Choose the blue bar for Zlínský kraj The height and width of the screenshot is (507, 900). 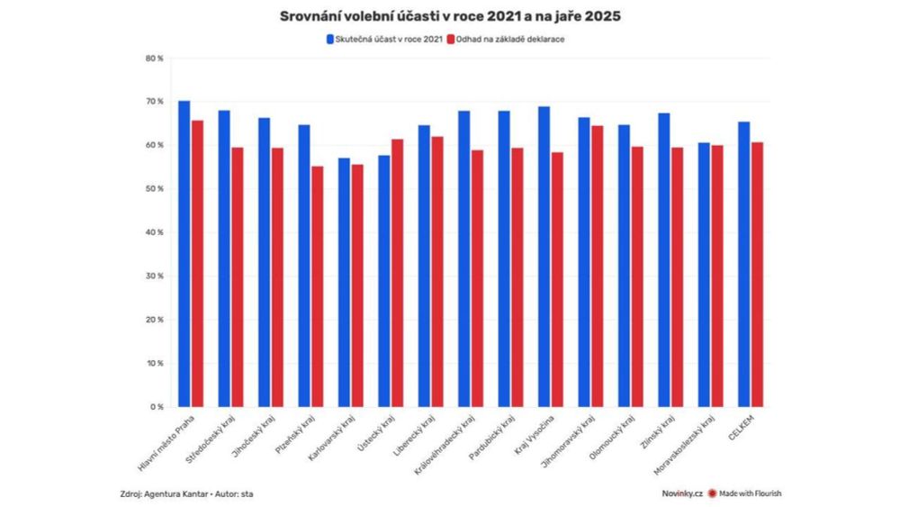663,260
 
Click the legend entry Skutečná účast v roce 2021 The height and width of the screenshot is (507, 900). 385,40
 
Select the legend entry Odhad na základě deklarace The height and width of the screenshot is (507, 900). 510,40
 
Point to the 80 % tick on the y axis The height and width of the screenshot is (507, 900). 154,59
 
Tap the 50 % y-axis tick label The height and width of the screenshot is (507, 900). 154,189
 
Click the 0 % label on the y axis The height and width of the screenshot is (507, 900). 157,407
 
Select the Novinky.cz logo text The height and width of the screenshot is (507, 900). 680,493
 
